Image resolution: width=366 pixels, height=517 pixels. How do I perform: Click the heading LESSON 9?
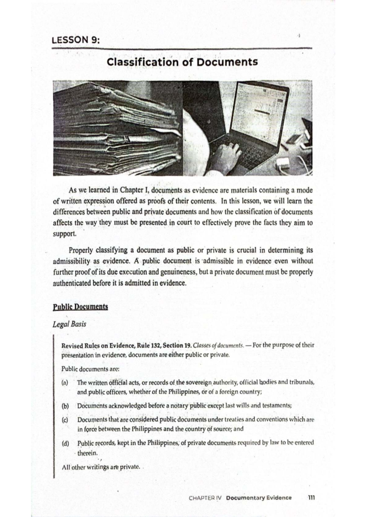76,40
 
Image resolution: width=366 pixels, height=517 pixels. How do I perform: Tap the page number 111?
311,498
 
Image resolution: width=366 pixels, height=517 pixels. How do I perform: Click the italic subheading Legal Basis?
69,324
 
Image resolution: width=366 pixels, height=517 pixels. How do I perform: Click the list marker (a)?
65,382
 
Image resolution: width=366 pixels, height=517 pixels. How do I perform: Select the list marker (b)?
65,406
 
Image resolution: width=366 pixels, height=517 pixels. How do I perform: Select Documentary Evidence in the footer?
259,498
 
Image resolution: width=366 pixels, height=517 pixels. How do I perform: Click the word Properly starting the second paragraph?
81,250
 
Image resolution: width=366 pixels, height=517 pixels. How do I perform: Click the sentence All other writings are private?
101,467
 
